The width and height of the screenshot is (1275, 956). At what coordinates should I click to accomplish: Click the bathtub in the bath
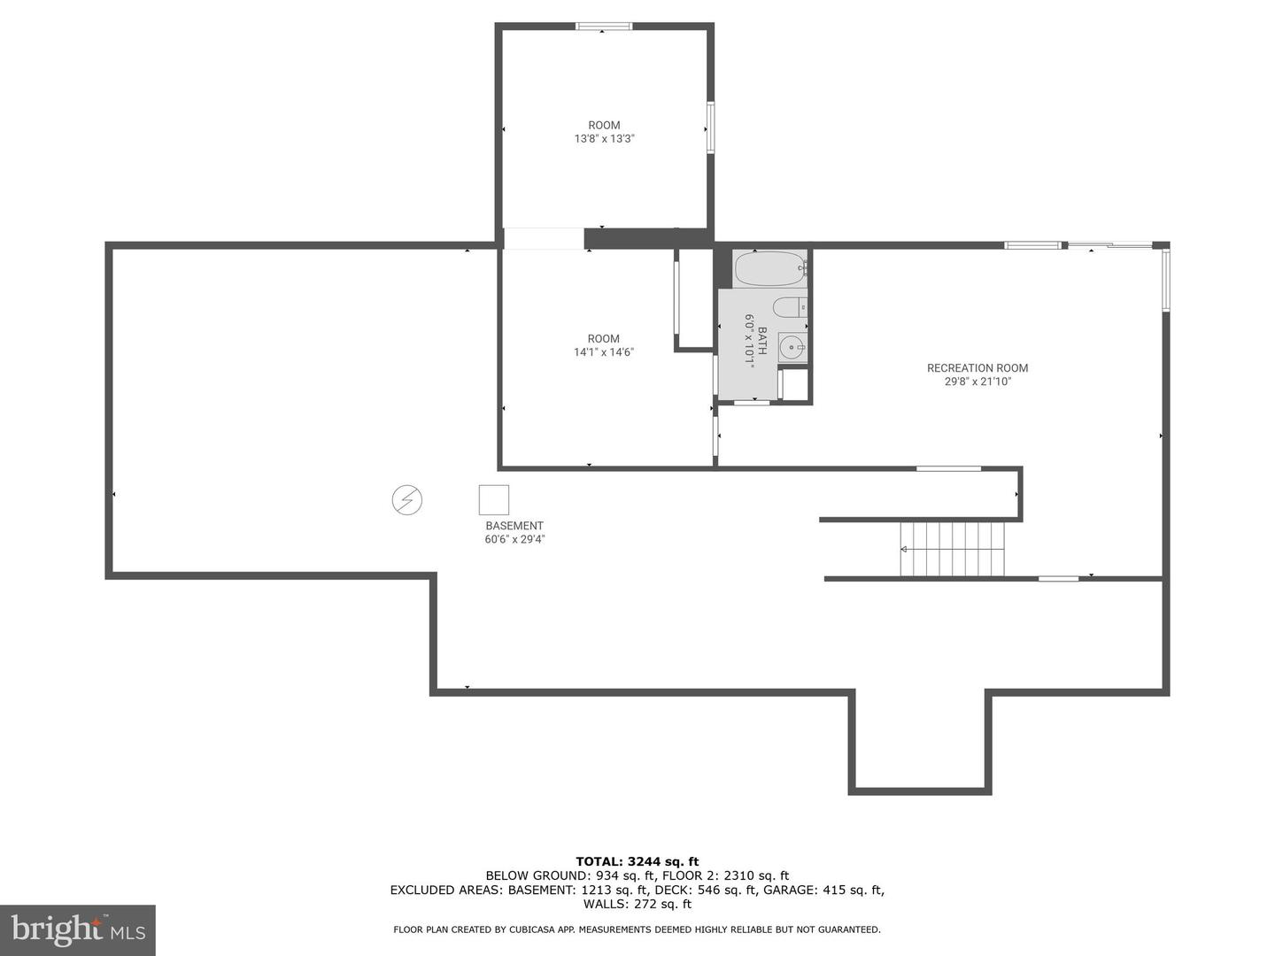(x=769, y=269)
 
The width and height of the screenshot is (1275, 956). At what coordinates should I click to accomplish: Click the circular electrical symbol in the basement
(x=407, y=500)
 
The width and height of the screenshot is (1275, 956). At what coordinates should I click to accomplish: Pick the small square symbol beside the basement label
(x=494, y=500)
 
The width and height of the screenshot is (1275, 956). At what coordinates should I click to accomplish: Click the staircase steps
(x=953, y=549)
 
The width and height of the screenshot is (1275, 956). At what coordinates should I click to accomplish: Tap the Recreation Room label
(x=977, y=368)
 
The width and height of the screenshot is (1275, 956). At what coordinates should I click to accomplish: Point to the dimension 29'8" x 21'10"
(x=977, y=382)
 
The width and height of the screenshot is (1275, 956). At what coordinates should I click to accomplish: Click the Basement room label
(x=514, y=526)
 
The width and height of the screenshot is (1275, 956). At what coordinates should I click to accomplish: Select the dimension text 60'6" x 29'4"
(x=514, y=539)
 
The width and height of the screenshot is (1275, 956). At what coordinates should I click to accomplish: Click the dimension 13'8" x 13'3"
(x=604, y=139)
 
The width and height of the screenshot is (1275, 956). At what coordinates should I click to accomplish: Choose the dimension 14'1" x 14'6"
(x=604, y=352)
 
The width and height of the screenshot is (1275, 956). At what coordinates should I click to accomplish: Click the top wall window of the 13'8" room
(x=604, y=27)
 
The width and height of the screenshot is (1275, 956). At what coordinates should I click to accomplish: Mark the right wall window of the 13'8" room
(x=710, y=128)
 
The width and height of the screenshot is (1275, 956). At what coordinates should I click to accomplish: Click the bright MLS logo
(x=78, y=929)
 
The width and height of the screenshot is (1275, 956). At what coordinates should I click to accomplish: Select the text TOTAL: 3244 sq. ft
(x=637, y=861)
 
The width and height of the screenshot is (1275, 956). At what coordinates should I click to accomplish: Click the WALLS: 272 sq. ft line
(x=637, y=904)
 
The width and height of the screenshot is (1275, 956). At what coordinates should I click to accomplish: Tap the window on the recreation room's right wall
(x=1166, y=281)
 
